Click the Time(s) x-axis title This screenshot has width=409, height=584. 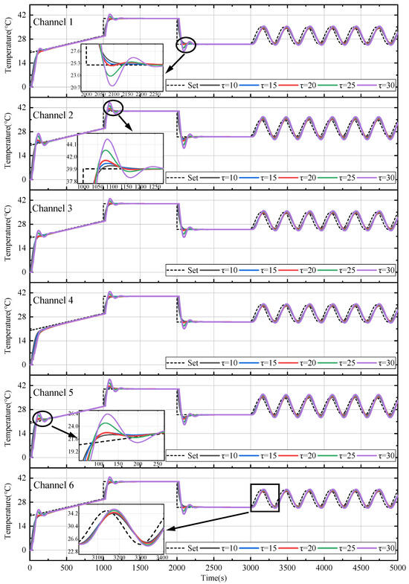[x=214, y=577]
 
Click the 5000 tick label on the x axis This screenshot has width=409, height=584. [x=397, y=567]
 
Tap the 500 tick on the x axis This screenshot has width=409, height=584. [x=66, y=567]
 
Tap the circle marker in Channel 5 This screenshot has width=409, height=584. [x=43, y=418]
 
